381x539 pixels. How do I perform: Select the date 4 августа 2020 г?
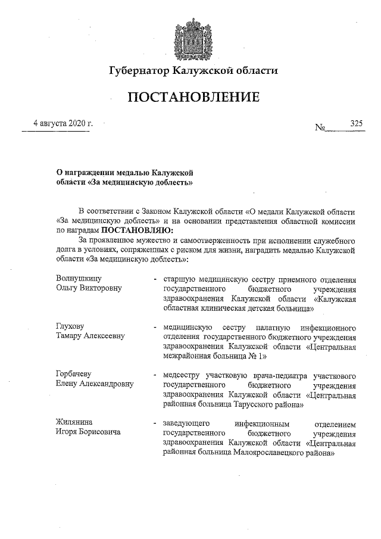click(x=63, y=123)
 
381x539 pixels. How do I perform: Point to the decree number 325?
click(x=356, y=123)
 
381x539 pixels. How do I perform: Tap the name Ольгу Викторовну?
click(x=88, y=288)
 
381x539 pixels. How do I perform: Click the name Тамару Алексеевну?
click(x=90, y=337)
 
